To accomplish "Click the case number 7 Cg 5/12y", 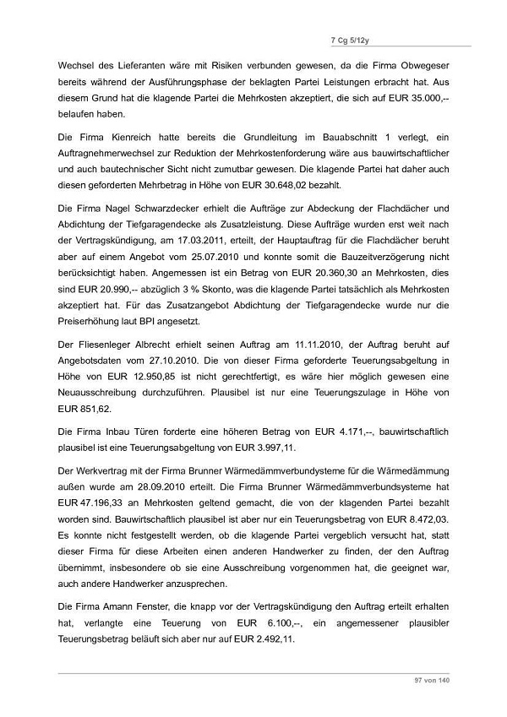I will click(422, 39).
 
